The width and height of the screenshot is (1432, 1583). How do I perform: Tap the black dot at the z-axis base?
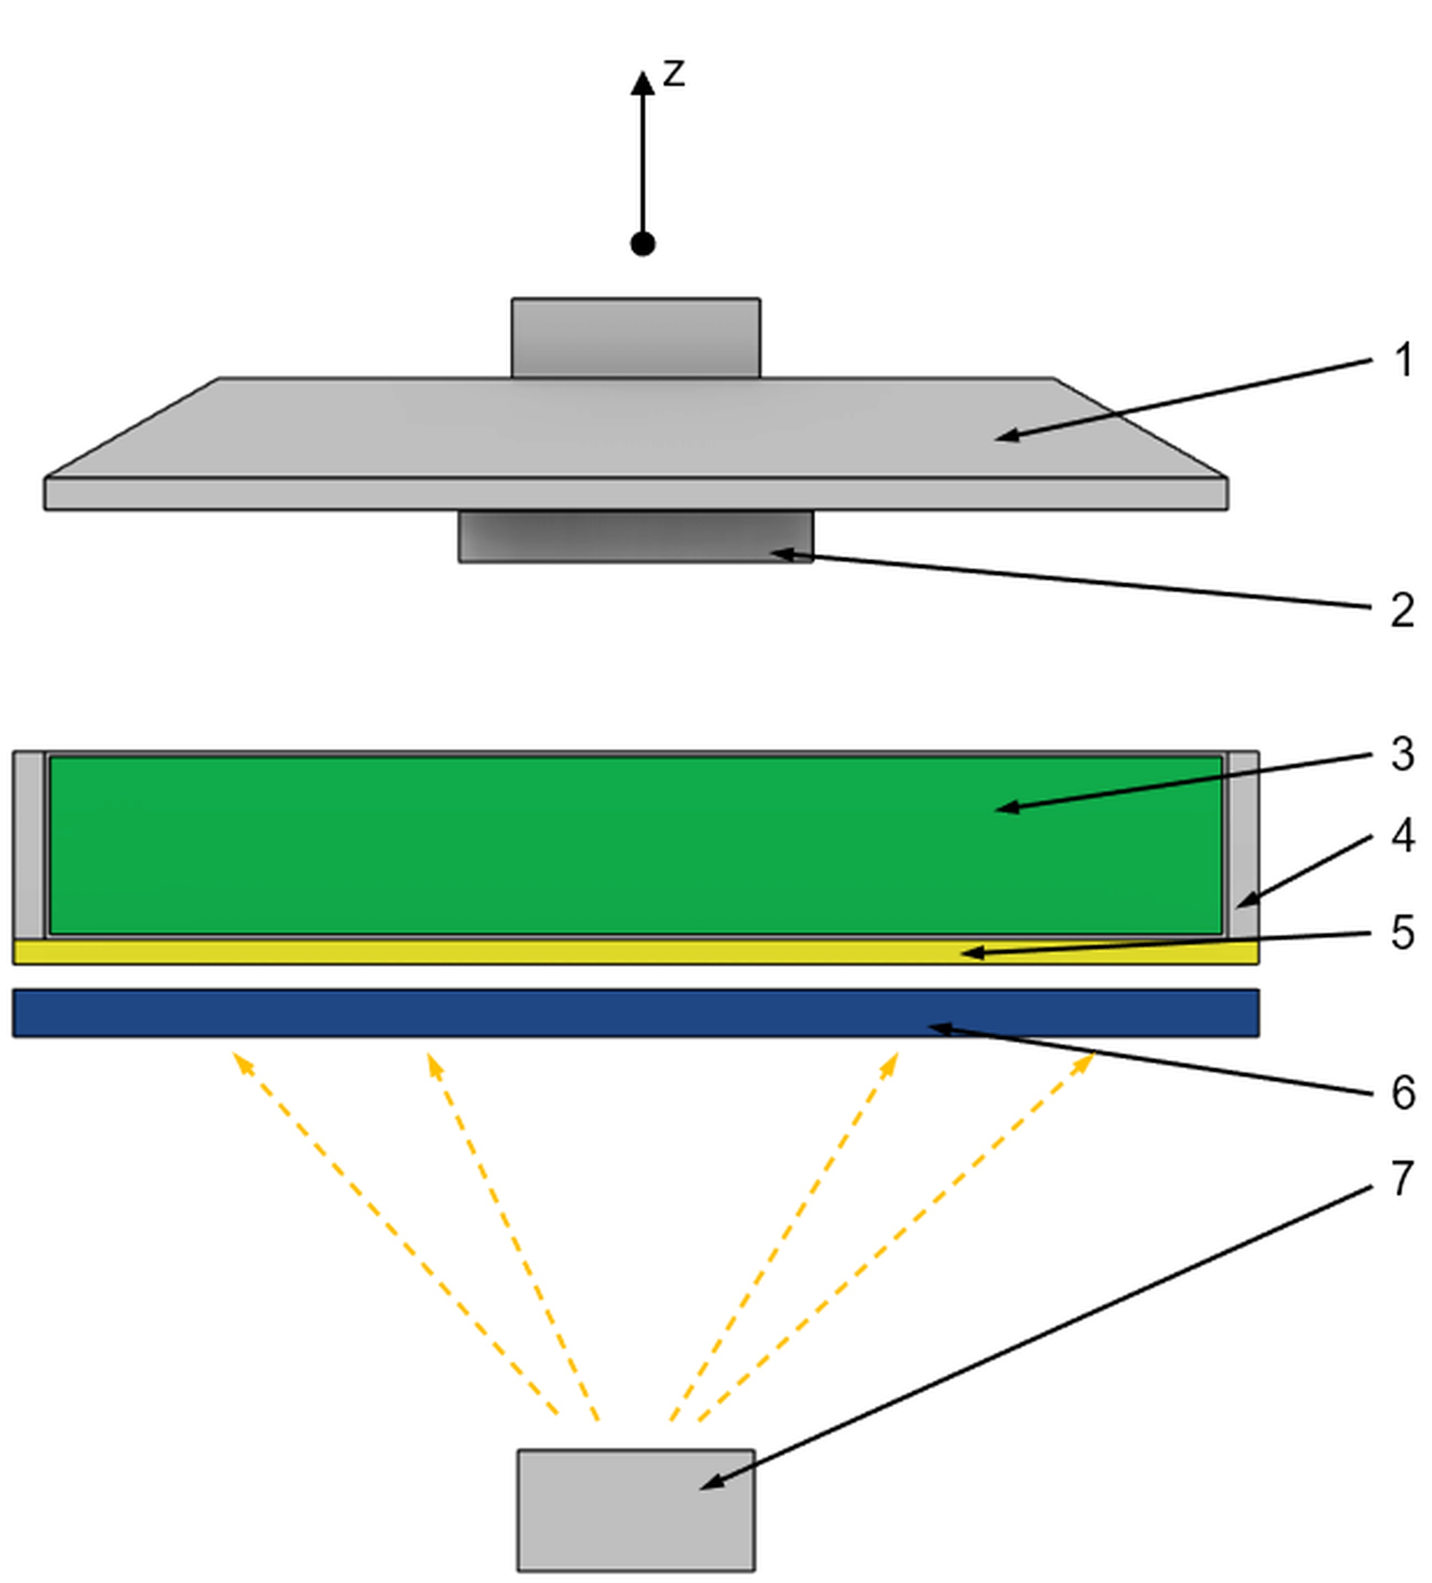pos(642,244)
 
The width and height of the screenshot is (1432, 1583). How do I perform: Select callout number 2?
pos(1401,610)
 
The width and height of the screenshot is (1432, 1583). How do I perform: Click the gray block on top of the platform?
pos(635,338)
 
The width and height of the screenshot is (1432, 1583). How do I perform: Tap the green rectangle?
pos(635,845)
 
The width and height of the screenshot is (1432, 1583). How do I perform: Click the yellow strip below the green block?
pos(635,952)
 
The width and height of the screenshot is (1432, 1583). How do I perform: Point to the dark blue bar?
pos(635,1013)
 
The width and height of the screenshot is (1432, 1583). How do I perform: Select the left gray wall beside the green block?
pos(29,845)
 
